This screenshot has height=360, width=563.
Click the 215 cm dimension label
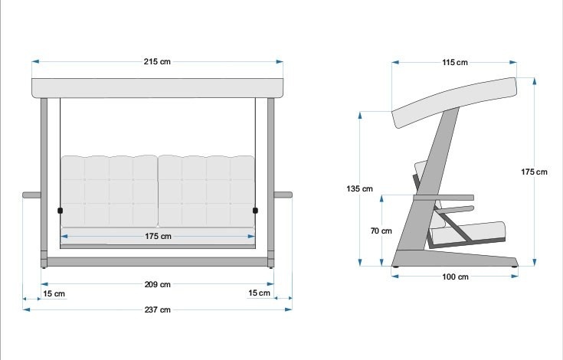pyautogui.click(x=157, y=62)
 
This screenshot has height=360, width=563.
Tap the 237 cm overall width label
pyautogui.click(x=157, y=309)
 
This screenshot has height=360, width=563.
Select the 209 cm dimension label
pyautogui.click(x=157, y=284)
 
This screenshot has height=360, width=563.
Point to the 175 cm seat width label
pyautogui.click(x=158, y=236)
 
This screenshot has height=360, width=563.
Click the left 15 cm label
pyautogui.click(x=54, y=293)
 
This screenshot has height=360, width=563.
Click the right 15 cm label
pyautogui.click(x=260, y=293)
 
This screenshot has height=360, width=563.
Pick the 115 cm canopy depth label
pyautogui.click(x=454, y=62)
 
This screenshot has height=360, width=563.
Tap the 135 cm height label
pyautogui.click(x=359, y=188)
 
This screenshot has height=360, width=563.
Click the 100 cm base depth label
pyautogui.click(x=454, y=277)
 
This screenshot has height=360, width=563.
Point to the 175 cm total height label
pyautogui.click(x=534, y=172)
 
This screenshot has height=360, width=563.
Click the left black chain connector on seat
pyautogui.click(x=60, y=210)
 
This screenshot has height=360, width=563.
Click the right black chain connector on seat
pyautogui.click(x=255, y=210)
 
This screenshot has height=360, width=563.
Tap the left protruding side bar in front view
pyautogui.click(x=31, y=195)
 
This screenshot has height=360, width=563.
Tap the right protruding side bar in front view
pyautogui.click(x=283, y=195)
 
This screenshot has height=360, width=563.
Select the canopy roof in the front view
pyautogui.click(x=157, y=87)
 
